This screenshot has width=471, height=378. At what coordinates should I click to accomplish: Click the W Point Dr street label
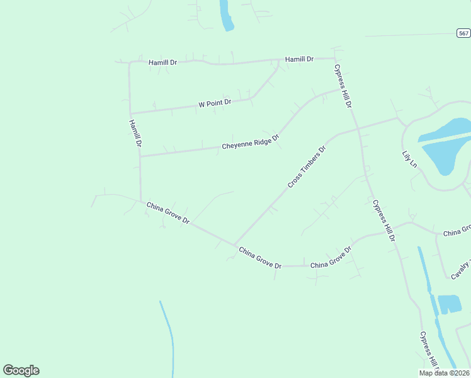pos(215,103)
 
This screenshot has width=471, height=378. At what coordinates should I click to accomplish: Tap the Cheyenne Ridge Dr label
pos(250,143)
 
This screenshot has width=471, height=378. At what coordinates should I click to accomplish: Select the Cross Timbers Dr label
pos(307,168)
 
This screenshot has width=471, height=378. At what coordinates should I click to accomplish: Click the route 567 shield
pos(463,33)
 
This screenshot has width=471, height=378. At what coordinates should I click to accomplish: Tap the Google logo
pos(21,370)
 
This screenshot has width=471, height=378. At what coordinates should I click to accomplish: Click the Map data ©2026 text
pos(445,373)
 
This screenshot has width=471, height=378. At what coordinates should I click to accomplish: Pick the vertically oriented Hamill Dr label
pos(134,134)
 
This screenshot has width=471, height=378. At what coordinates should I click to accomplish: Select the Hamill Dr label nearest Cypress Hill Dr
pos(299,59)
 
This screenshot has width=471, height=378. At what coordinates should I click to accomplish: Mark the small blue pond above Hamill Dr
pos(225,16)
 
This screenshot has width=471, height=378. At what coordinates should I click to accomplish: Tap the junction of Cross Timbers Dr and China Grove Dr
pos(234,245)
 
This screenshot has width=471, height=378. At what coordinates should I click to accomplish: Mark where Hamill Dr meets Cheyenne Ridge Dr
pos(140,156)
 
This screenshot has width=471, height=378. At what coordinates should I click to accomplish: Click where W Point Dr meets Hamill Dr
pos(130,113)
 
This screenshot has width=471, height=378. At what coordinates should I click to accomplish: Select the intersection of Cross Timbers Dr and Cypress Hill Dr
pos(358,129)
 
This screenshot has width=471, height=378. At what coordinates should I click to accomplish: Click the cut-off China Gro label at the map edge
pos(457,232)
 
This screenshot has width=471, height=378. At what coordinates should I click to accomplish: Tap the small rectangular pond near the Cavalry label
pos(449,304)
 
